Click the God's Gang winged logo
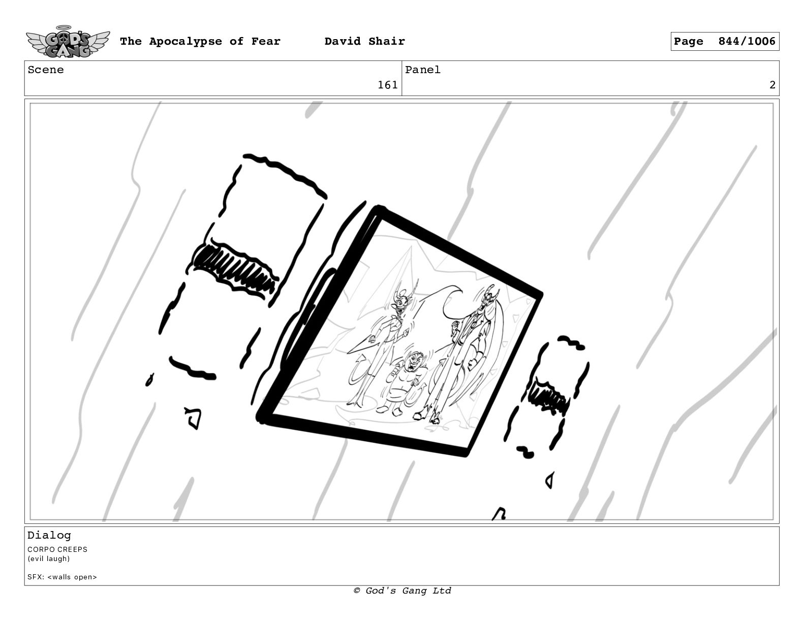pos(68,42)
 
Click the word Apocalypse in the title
pos(185,42)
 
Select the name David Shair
pos(364,41)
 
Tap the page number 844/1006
pos(747,41)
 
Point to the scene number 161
pos(387,85)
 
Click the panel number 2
pos(772,85)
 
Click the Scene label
pos(46,70)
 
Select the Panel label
pos(423,70)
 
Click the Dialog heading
pos(49,535)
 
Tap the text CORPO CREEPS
pos(57,549)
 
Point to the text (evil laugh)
pos(48,558)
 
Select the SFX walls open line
pos(62,577)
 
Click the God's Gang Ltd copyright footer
pos(402,590)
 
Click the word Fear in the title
pos(266,41)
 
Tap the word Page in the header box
pos(688,42)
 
